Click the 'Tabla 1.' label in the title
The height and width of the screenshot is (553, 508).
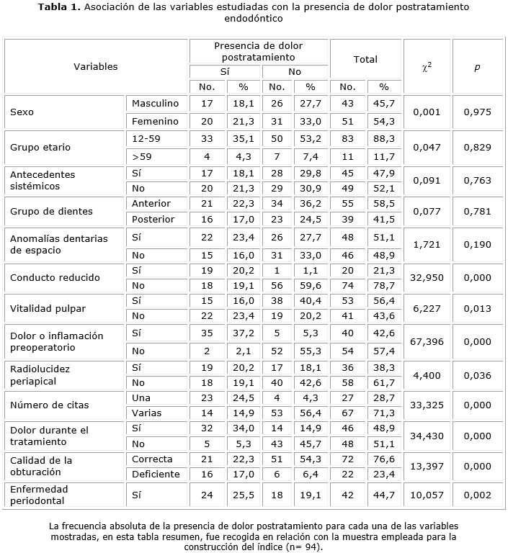[x=58, y=7]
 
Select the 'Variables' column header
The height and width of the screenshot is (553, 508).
[x=96, y=66]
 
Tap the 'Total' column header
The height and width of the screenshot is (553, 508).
[x=365, y=60]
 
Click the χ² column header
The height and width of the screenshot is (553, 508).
[x=427, y=66]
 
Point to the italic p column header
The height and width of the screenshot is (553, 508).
[x=477, y=66]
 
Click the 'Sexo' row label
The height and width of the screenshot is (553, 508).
[x=22, y=112]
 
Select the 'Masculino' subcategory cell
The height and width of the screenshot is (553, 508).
[x=155, y=104]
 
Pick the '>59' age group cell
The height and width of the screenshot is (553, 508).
[x=141, y=156]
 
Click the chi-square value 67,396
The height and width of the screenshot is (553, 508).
[x=427, y=342]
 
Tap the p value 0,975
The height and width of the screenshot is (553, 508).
[x=477, y=112]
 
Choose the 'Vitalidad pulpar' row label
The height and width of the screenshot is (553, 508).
[x=48, y=308]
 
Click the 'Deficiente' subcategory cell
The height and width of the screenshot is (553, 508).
[x=156, y=473]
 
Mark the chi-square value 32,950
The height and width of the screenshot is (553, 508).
[x=427, y=277]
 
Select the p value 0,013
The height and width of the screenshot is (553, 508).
[x=477, y=308]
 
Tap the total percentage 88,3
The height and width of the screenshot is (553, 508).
[x=385, y=139]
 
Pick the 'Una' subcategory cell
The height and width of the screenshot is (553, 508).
[x=141, y=397]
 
